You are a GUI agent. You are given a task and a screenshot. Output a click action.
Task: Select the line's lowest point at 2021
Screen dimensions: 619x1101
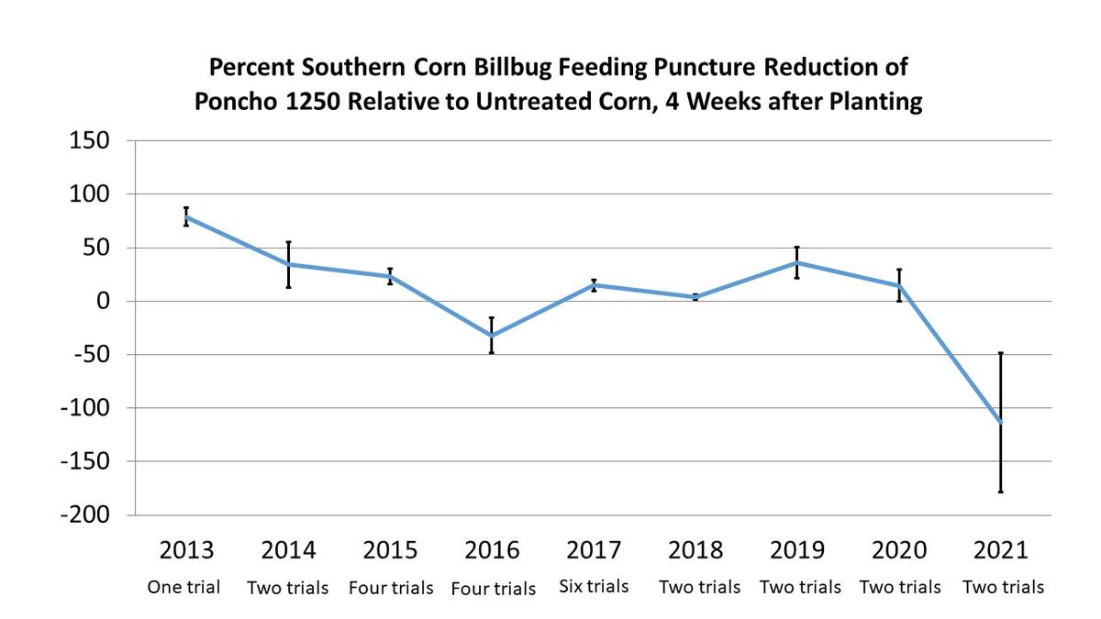pos(1000,423)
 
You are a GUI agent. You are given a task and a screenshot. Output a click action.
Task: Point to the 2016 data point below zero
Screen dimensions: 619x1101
pos(492,336)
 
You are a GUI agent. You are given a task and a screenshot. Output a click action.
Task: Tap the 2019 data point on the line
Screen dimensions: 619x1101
pos(796,263)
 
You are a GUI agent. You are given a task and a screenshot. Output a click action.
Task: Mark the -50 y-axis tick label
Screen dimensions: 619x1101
pos(89,355)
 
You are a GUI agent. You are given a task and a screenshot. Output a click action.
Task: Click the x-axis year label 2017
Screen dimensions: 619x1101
pos(594,550)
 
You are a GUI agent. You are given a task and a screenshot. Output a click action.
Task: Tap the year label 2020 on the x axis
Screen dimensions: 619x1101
pos(898,550)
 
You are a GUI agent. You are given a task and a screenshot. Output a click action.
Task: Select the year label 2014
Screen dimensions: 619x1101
pos(288,550)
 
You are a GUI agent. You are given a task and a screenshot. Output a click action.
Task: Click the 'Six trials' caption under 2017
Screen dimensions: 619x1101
pos(594,586)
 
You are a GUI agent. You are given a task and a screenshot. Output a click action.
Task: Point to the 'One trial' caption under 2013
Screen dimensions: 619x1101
pos(184,587)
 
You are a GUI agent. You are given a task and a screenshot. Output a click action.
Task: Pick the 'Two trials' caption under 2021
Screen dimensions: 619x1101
pos(1003,587)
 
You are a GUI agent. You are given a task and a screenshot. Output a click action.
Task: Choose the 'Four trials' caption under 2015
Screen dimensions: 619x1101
pos(391,588)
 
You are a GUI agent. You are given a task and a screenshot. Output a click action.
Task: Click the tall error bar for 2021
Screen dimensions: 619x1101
pos(1000,385)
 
